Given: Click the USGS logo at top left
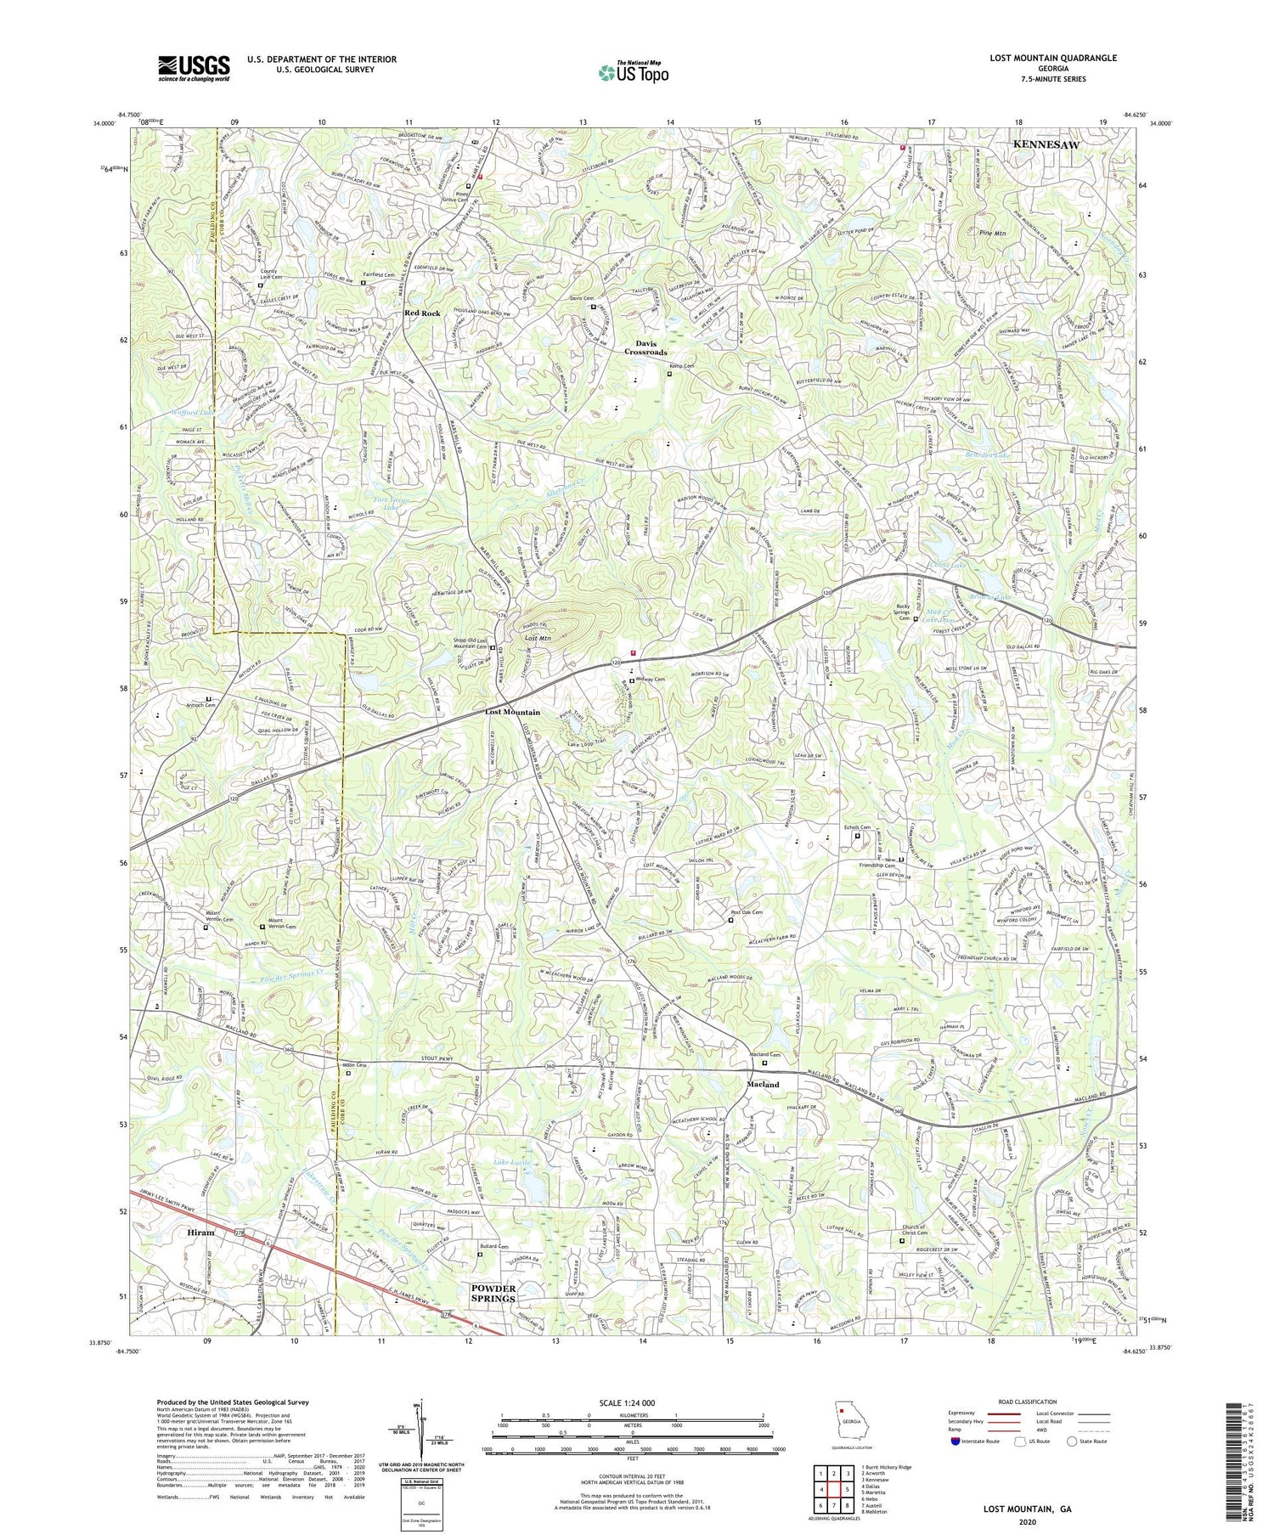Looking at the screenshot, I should point(194,68).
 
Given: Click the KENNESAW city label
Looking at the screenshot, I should point(1046,145).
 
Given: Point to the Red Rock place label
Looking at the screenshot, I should point(423,313).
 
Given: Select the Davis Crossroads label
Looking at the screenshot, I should point(645,347).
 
